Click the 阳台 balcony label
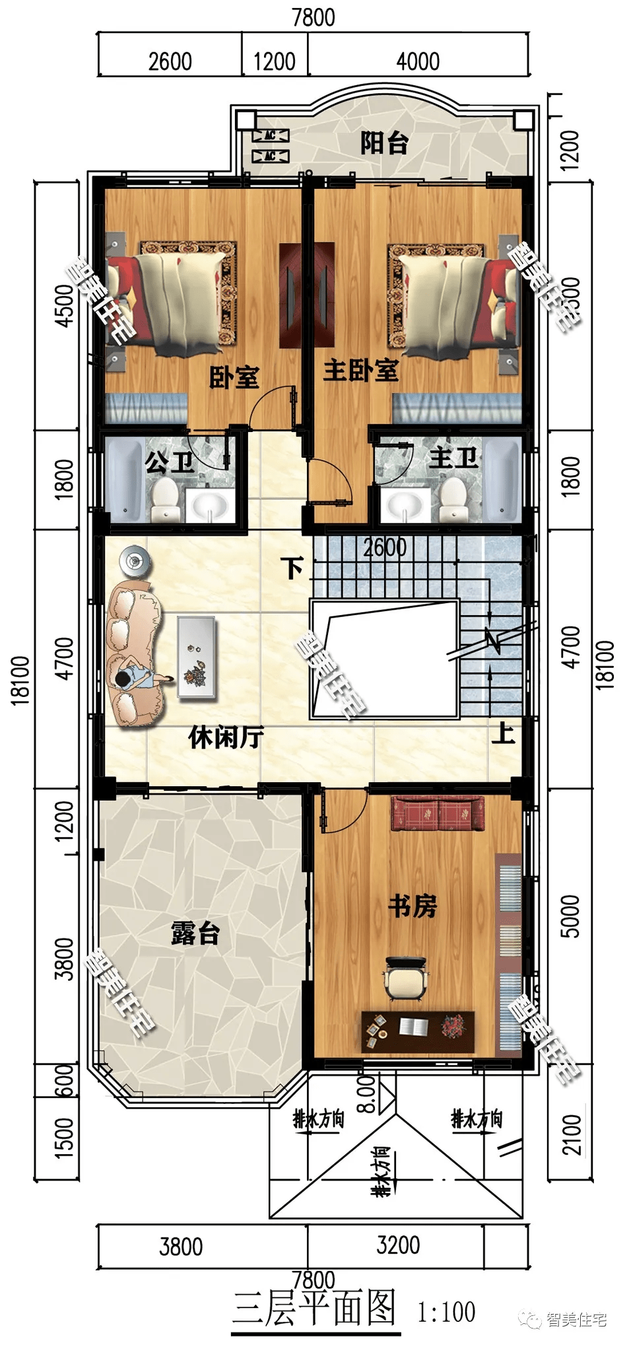pos(384,143)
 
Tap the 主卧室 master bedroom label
pos(360,371)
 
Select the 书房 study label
pos(412,906)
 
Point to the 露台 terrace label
pos(195,933)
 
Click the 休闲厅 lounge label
pos(226,737)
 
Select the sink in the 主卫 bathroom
pos(403,505)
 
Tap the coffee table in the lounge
pos(196,656)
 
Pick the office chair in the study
pos(405,978)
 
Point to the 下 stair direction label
pos(292,567)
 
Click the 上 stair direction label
pos(503,732)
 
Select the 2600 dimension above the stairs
pos(385,547)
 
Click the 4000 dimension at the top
pos(417,61)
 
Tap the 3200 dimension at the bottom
pos(398,1245)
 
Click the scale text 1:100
pos(446,1311)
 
